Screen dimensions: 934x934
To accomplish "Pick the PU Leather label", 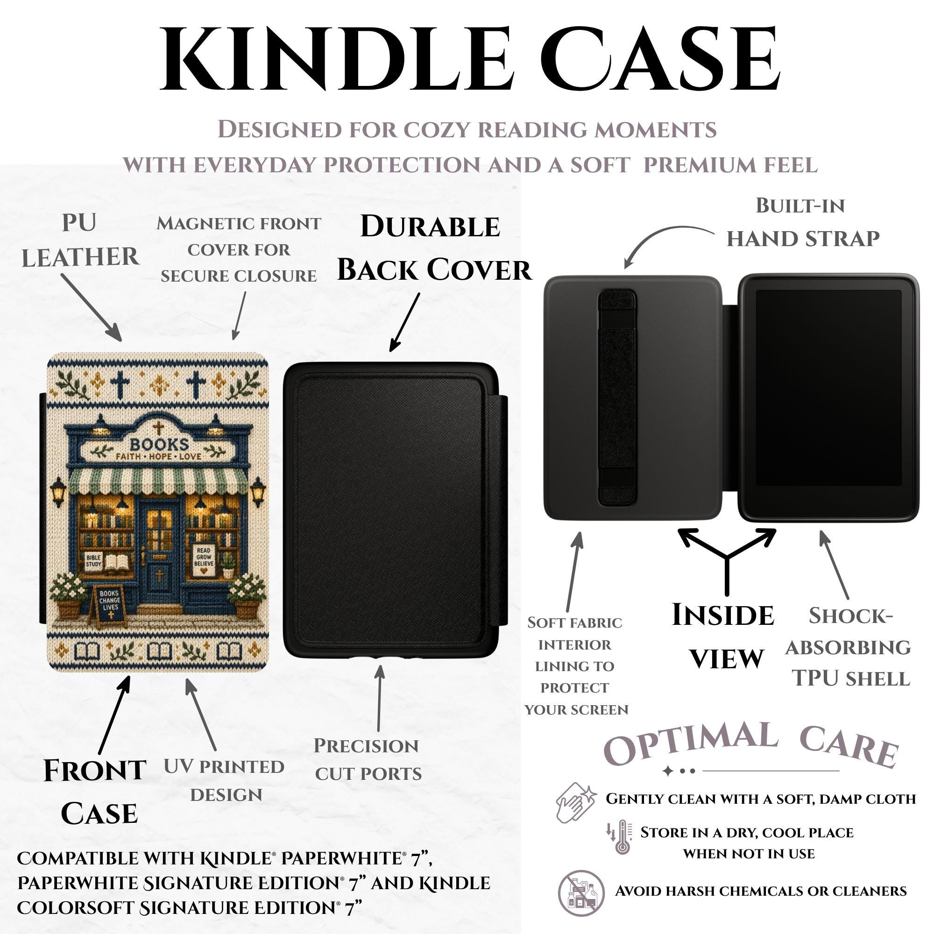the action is [80, 240].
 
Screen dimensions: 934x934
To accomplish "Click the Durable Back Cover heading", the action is [434, 248].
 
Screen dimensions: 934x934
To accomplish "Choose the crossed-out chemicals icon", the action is [581, 891].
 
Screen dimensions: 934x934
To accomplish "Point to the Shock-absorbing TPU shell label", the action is [849, 647].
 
